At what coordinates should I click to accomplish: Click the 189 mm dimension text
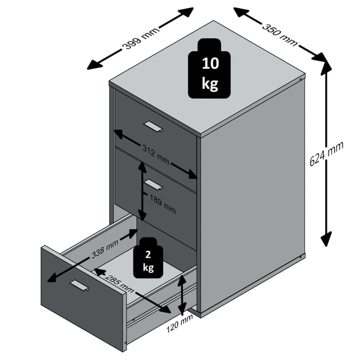click(x=163, y=206)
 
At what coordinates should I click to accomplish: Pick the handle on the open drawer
click(x=78, y=285)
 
